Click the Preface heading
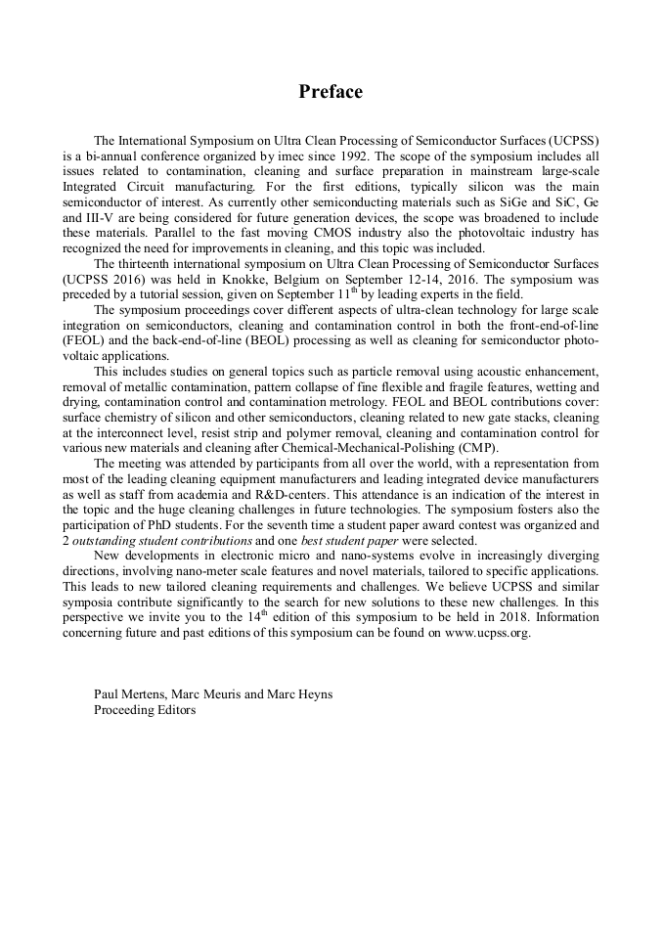coord(331,92)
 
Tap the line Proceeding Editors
coord(144,710)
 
